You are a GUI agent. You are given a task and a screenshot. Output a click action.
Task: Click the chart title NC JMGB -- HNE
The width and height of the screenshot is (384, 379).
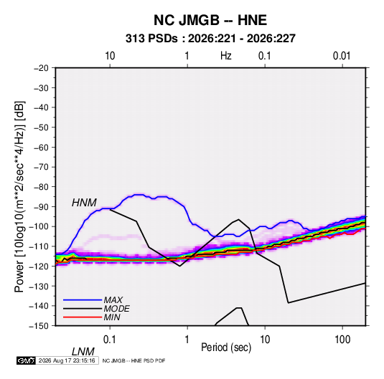[x=210, y=20]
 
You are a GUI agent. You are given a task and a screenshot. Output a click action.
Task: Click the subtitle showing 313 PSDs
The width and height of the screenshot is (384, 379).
[x=210, y=39]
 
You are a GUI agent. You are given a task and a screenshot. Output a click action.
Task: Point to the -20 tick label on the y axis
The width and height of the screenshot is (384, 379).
[x=41, y=68]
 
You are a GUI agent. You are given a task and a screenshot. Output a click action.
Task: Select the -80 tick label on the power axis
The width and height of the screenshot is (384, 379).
[x=41, y=187]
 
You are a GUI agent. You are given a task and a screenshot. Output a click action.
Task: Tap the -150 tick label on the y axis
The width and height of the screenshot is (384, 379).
[x=39, y=326]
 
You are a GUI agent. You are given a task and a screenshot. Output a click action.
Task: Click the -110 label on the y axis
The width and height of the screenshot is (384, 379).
[x=39, y=246]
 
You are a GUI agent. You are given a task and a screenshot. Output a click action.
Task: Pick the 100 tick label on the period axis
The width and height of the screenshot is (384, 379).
[x=342, y=339]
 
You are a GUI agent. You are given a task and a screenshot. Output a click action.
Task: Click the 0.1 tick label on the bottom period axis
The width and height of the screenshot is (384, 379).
[x=110, y=339]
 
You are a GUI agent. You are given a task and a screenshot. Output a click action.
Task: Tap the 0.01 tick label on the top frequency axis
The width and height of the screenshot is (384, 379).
[x=342, y=56]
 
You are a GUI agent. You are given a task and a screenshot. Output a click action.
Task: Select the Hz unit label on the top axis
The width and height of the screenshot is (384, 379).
[x=226, y=56]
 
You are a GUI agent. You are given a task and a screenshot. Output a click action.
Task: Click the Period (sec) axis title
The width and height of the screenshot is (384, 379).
[x=226, y=347]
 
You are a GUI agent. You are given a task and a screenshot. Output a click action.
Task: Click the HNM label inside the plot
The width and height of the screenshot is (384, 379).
[x=84, y=203]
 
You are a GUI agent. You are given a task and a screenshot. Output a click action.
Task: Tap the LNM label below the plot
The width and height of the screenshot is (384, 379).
[x=83, y=352]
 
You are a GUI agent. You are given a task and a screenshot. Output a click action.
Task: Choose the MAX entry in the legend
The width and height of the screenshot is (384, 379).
[x=113, y=299]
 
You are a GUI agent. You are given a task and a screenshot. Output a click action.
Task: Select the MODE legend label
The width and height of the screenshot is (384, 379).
[x=116, y=309]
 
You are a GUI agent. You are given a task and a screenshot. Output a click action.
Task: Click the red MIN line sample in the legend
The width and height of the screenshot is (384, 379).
[x=83, y=317]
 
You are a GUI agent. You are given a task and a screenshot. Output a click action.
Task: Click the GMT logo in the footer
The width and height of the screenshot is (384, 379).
[x=26, y=360]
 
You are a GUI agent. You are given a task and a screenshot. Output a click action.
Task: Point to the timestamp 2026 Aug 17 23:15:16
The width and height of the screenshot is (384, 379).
[x=67, y=360]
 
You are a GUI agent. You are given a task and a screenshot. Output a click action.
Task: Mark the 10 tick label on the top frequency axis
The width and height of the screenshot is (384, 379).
[x=110, y=56]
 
